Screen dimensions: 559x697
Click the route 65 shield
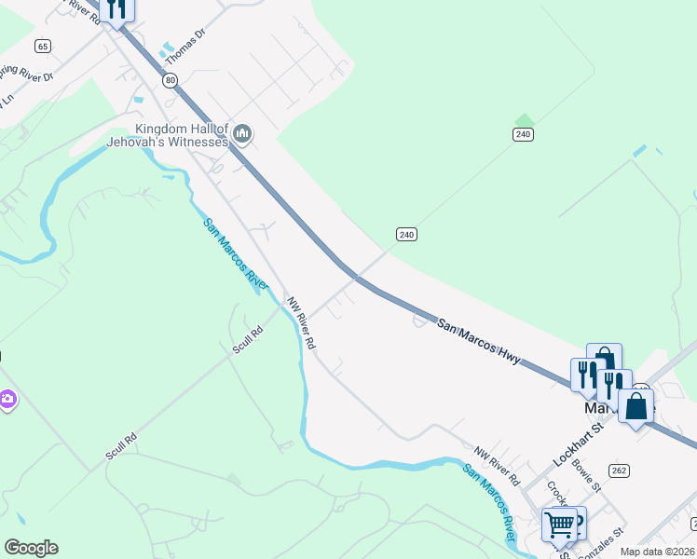click(x=42, y=45)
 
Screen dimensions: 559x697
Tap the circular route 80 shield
click(x=169, y=81)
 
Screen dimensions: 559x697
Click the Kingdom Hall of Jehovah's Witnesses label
click(x=182, y=135)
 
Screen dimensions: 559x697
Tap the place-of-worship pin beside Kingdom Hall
click(x=242, y=135)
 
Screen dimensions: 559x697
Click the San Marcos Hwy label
click(x=477, y=341)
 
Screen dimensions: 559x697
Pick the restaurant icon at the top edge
click(x=116, y=8)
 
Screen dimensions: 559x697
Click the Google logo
click(x=31, y=548)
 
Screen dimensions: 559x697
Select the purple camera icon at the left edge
click(x=7, y=400)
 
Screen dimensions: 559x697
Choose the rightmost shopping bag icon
click(x=636, y=406)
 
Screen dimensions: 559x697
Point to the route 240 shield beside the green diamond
click(x=523, y=135)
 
